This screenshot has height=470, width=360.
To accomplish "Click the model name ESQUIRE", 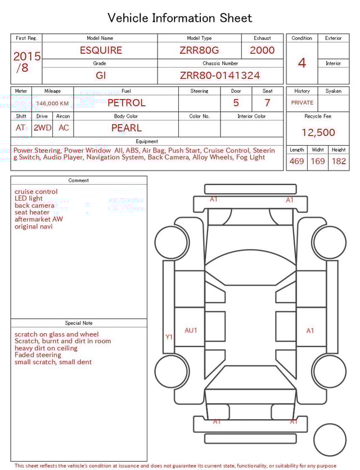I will pos(101,50).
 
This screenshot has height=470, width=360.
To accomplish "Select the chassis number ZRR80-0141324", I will pos(220,75).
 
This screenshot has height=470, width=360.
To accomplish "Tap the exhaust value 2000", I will pos(262,50).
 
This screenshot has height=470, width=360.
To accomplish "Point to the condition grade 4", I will pos(301,63).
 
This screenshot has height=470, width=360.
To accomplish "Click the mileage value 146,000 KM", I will pos(52,104).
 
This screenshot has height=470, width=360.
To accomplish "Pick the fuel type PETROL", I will pos(126,102).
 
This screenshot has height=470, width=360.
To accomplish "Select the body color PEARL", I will pos(126,128).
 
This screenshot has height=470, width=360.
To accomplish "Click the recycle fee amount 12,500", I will pos(318,132).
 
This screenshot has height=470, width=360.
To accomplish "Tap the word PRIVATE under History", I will pos(302,102).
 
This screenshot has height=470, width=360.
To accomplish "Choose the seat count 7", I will pos(267,102).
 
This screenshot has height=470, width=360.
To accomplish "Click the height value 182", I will pos(339,161).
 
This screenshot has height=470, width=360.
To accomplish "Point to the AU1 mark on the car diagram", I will pos(191,330).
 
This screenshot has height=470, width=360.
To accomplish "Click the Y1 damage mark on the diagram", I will pos(169,337).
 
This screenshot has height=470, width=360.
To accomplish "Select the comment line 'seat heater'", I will pos(32,212).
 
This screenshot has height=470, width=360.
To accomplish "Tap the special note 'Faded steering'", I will pos(38,355).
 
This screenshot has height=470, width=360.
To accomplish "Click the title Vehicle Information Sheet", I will pos(180,18).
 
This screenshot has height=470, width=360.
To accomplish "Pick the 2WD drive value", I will pos(42,128).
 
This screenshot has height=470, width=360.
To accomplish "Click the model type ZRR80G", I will pos(199,50).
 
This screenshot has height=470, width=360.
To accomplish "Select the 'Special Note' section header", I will pos(79,323).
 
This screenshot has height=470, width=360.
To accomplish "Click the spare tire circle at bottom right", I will pos(330,439).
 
